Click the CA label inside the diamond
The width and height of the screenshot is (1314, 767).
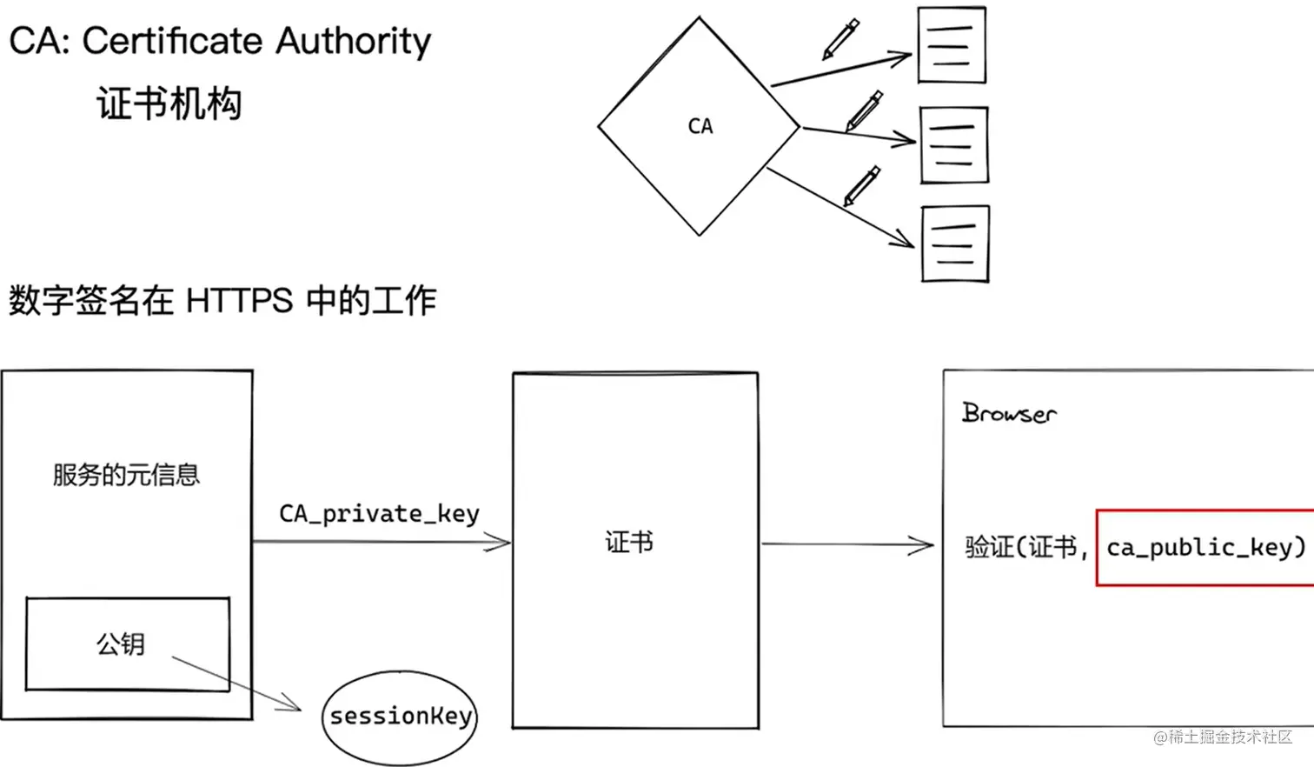pyautogui.click(x=700, y=126)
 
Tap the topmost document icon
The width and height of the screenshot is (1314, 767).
pyautogui.click(x=952, y=45)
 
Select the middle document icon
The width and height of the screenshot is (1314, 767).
pyautogui.click(x=954, y=145)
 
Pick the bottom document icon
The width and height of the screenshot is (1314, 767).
pyautogui.click(x=956, y=243)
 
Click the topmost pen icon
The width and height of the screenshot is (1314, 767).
pyautogui.click(x=840, y=39)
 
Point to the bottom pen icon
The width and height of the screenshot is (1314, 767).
pyautogui.click(x=862, y=186)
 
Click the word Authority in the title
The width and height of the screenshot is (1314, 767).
pyautogui.click(x=353, y=42)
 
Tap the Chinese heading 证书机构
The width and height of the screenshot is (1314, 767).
pyautogui.click(x=169, y=103)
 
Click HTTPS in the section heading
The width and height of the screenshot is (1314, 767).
pyautogui.click(x=239, y=301)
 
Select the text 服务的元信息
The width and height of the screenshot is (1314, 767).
pyautogui.click(x=127, y=475)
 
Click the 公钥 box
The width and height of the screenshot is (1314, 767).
pyautogui.click(x=127, y=644)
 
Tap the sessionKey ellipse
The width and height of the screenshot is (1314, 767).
pyautogui.click(x=400, y=717)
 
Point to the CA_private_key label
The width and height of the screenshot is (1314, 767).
pyautogui.click(x=380, y=514)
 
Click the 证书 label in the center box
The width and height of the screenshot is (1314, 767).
pyautogui.click(x=629, y=543)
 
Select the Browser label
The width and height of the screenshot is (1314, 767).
pyautogui.click(x=1009, y=413)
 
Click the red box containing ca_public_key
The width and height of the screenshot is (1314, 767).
pyautogui.click(x=1204, y=548)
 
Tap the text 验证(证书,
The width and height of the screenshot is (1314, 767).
pyautogui.click(x=1026, y=548)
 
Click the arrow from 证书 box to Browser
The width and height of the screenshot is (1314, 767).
pyautogui.click(x=847, y=544)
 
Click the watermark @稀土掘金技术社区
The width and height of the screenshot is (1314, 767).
pyautogui.click(x=1223, y=737)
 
